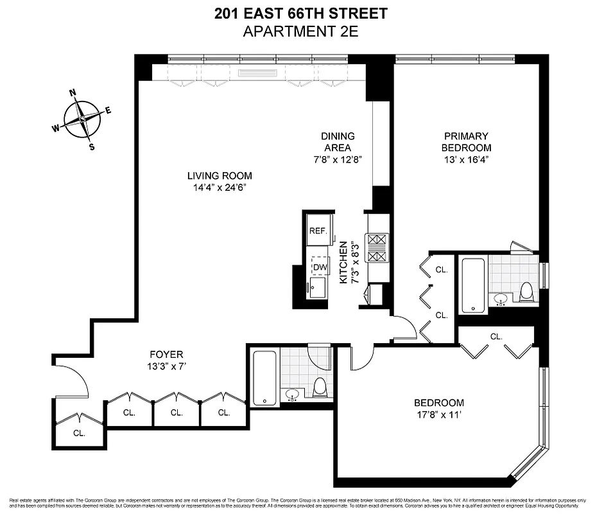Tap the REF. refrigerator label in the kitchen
(318, 231)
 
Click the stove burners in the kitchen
(375, 248)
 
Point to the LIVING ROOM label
(220, 175)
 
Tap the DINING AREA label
(338, 142)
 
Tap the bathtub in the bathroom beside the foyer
(264, 377)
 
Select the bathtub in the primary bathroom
(473, 285)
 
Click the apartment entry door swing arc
(73, 379)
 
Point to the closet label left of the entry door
(79, 433)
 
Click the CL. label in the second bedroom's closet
(496, 336)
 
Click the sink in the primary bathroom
(499, 299)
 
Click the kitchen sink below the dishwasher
(316, 288)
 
